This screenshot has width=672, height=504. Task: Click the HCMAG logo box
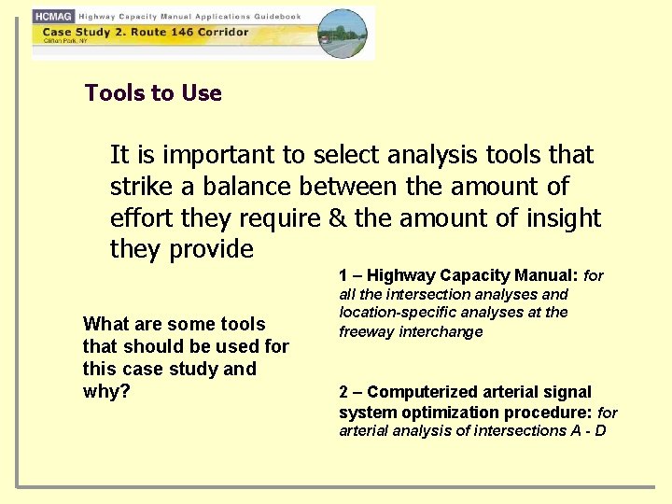click(54, 17)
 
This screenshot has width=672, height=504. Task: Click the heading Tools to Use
click(153, 93)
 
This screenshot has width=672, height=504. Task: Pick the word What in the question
click(104, 324)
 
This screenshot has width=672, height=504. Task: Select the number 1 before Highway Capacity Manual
click(343, 275)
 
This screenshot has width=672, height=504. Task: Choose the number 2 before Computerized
click(343, 392)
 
